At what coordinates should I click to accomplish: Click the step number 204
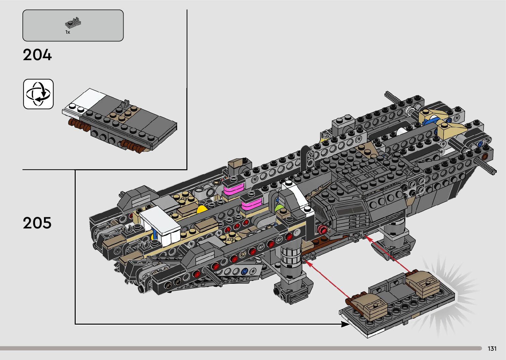click(37, 55)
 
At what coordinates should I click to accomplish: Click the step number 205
click(37, 223)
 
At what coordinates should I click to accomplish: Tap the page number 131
click(492, 348)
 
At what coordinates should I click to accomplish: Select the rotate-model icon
click(38, 94)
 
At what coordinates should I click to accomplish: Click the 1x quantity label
click(68, 32)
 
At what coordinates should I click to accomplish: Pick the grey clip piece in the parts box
click(73, 23)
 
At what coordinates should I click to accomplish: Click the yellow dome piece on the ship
click(202, 209)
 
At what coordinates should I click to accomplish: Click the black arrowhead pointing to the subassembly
click(345, 324)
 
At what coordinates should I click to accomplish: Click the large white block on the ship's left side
click(160, 223)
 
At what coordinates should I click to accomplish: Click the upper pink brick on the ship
click(234, 190)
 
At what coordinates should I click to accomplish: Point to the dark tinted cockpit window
click(350, 209)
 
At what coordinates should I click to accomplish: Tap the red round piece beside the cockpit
click(322, 229)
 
